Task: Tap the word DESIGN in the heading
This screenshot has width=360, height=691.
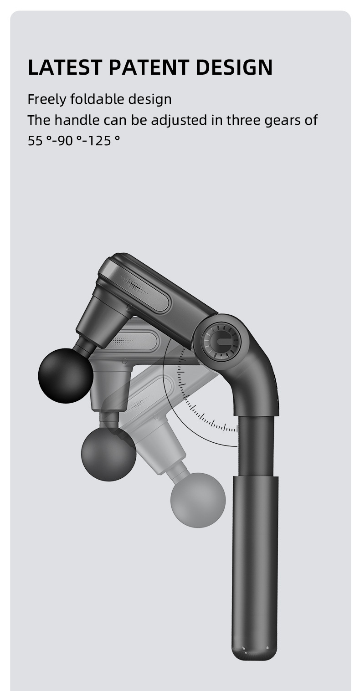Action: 234,67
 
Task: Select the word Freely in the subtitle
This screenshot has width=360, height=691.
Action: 47,99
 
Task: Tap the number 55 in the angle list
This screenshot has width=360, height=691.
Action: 35,141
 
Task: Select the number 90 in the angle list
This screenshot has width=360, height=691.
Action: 65,141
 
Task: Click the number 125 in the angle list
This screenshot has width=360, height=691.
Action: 100,141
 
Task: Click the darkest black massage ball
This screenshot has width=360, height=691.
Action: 66,376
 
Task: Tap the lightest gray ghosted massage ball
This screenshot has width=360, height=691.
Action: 198,500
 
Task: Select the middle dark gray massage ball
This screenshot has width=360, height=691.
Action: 108,454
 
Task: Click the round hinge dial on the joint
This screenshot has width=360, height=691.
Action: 221,341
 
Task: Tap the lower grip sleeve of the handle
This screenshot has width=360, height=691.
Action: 255,560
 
